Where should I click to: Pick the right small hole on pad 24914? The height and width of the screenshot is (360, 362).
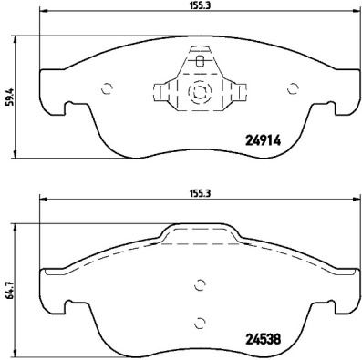coord(292,88)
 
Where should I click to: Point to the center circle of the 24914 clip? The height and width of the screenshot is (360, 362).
coord(199,91)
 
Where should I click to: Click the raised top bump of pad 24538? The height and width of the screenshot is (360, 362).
coord(200,233)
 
